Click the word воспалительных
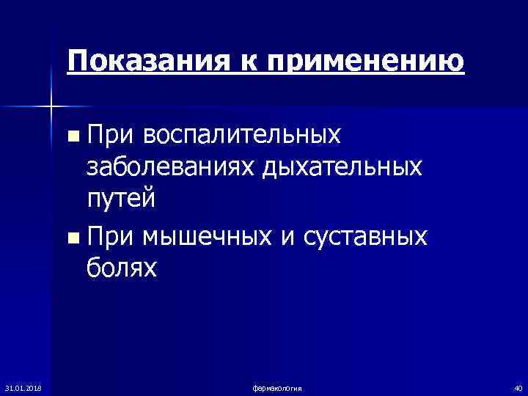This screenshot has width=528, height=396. pos(242,135)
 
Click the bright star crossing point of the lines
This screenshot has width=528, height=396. pos(51,107)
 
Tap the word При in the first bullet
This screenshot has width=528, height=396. pos(111,134)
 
